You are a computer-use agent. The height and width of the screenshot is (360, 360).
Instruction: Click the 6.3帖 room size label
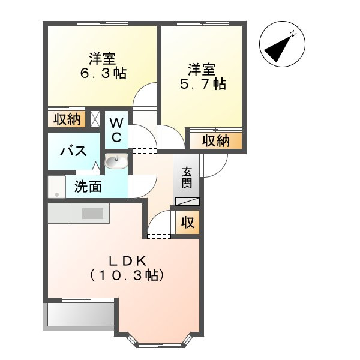(103, 73)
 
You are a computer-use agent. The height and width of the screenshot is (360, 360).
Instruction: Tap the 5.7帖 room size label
(203, 84)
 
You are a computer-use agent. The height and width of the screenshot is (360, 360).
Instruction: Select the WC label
(116, 130)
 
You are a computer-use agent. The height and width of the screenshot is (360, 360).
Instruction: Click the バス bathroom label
(73, 151)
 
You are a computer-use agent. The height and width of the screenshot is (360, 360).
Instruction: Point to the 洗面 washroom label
(88, 187)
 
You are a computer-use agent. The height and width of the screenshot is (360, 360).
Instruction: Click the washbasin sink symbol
(116, 160)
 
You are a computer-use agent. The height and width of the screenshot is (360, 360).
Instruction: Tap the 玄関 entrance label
(187, 178)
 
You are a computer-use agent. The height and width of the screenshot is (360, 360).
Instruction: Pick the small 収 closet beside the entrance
(188, 222)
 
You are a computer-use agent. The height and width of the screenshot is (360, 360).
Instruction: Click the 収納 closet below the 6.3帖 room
(67, 119)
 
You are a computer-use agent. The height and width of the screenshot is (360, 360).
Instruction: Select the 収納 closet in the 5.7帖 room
(216, 141)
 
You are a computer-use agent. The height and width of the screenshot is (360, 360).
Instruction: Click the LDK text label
(128, 261)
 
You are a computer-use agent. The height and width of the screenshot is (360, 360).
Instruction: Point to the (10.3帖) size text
(127, 275)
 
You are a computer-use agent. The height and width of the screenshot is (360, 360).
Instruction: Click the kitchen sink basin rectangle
(93, 213)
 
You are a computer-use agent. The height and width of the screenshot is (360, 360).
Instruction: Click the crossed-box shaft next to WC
(95, 119)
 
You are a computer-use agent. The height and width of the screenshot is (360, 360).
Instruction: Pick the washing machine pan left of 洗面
(57, 187)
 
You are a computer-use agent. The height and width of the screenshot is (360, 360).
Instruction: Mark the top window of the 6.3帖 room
(103, 23)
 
